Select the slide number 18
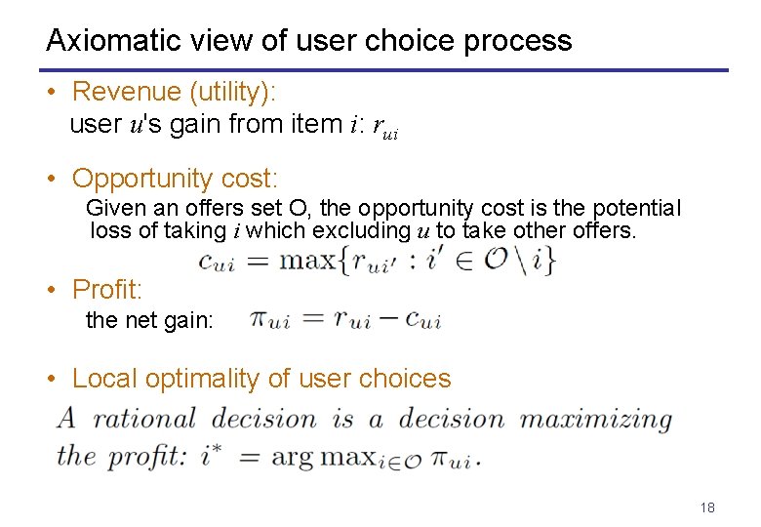point(707,507)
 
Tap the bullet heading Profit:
point(107,290)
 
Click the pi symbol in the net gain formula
point(260,319)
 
